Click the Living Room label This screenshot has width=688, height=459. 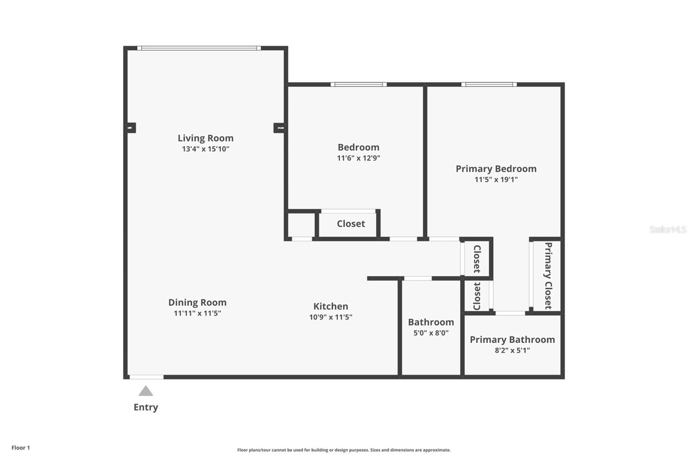click(x=206, y=138)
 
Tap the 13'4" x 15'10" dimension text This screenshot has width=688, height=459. click(x=206, y=149)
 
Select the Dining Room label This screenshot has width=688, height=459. click(x=197, y=303)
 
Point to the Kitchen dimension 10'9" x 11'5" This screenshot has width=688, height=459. click(x=330, y=317)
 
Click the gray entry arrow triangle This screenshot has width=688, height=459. click(x=146, y=391)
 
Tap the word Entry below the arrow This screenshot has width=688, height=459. click(x=146, y=407)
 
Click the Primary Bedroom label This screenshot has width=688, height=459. click(x=496, y=169)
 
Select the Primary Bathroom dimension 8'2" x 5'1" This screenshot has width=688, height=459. click(x=512, y=350)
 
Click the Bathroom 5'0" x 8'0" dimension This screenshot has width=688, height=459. click(x=430, y=333)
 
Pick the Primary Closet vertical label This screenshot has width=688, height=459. click(x=548, y=276)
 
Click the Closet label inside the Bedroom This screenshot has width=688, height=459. click(x=350, y=224)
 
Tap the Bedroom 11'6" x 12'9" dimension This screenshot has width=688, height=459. click(x=358, y=158)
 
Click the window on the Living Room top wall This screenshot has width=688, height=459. click(x=199, y=48)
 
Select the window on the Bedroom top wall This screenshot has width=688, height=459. click(x=358, y=84)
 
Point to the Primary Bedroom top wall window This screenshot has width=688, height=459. click(x=489, y=84)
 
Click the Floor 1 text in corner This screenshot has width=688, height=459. click(x=21, y=448)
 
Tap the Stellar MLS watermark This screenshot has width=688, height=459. click(x=667, y=229)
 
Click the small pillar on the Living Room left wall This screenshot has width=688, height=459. click(x=130, y=128)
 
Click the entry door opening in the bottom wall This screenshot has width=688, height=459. click(x=147, y=377)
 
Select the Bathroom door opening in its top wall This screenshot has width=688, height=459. click(x=418, y=279)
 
